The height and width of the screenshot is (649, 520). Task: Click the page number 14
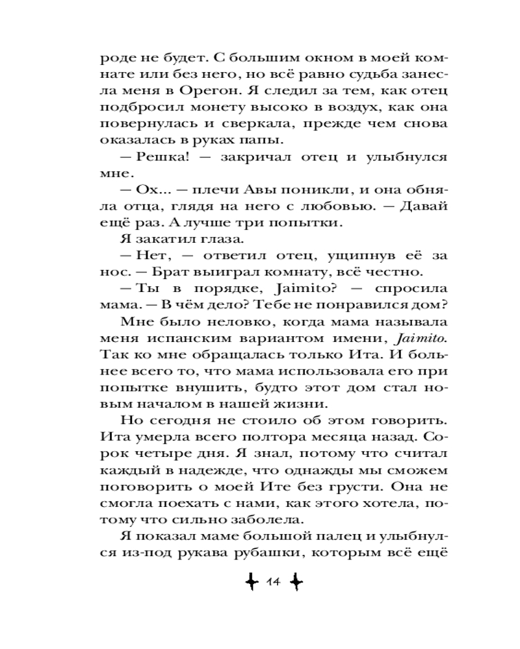(271, 583)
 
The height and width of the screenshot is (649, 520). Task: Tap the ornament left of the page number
(248, 583)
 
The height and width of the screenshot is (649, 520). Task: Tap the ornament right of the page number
(295, 583)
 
